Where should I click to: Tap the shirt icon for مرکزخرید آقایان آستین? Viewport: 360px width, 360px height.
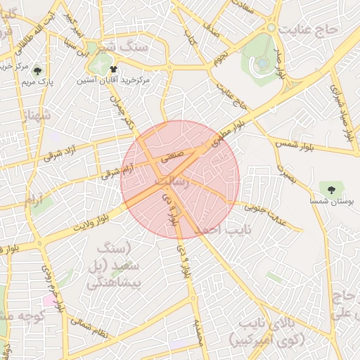pos(114,70)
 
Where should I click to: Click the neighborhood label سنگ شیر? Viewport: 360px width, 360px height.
pos(124,48)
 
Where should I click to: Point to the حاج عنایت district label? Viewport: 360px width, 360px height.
pos(310,30)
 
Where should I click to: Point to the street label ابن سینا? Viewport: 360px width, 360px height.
pos(81,51)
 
